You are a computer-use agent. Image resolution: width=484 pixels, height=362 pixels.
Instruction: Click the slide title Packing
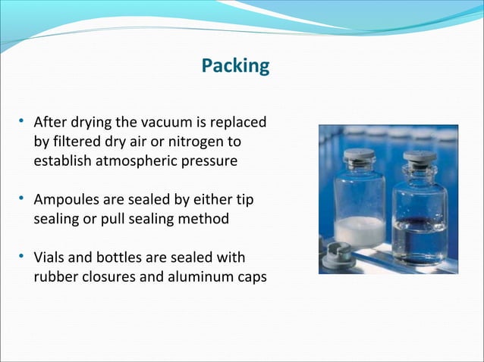pyautogui.click(x=235, y=66)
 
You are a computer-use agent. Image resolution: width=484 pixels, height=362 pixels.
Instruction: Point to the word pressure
pyautogui.click(x=209, y=161)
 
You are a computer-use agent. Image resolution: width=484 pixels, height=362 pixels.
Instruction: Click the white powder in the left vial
pyautogui.click(x=360, y=230)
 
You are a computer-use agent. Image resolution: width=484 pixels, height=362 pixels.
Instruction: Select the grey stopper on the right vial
pyautogui.click(x=419, y=158)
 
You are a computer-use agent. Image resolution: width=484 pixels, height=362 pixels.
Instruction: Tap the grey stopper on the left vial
pyautogui.click(x=359, y=156)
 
